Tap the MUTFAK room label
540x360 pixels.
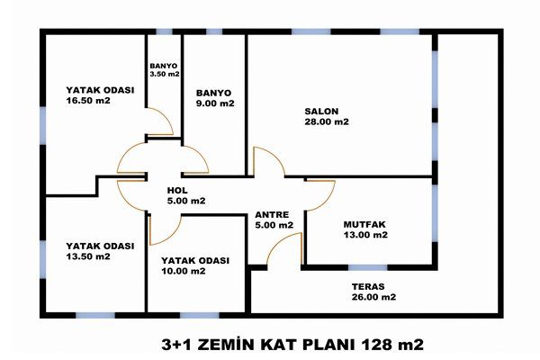(x=364, y=225)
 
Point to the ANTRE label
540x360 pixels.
(x=272, y=214)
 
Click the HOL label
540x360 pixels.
(x=177, y=190)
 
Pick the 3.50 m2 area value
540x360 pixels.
(x=165, y=74)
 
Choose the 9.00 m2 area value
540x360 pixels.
(x=215, y=103)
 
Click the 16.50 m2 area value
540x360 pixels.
(x=88, y=101)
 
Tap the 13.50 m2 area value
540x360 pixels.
(x=88, y=256)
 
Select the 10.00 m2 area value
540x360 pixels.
(x=184, y=271)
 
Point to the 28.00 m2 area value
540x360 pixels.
(x=327, y=121)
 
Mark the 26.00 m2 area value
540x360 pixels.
(x=373, y=297)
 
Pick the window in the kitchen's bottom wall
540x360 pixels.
(x=368, y=267)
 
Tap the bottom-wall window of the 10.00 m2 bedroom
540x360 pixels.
(x=200, y=315)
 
